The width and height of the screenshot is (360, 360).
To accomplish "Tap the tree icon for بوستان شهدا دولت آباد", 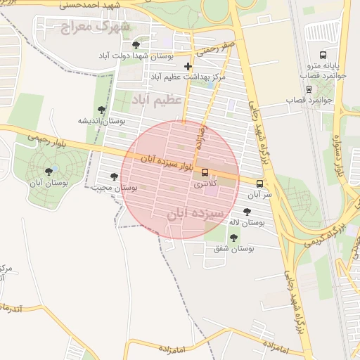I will [x=136, y=45].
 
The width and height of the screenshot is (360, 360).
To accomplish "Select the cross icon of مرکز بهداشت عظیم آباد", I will [x=188, y=66].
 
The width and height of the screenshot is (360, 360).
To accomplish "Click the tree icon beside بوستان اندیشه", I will [x=102, y=110].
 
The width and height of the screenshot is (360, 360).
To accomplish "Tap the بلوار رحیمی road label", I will [x=44, y=138].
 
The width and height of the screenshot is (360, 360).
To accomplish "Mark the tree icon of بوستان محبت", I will [x=114, y=176].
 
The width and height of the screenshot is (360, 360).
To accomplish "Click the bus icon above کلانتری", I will [x=205, y=172].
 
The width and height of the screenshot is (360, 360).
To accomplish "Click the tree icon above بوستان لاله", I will [x=247, y=211].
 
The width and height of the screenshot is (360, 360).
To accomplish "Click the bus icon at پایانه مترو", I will [x=323, y=54].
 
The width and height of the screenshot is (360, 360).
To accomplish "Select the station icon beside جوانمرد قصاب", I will [x=309, y=89].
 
